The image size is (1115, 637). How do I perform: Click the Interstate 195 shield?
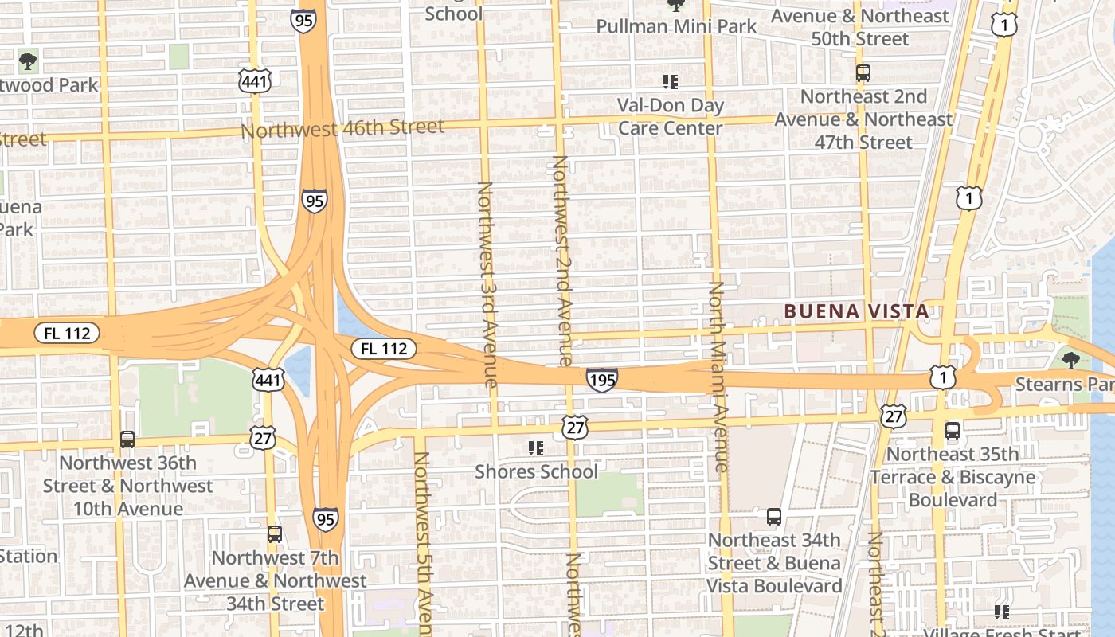click(602, 380)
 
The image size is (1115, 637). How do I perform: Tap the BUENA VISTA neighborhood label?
click(856, 311)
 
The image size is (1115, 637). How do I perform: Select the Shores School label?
click(536, 471)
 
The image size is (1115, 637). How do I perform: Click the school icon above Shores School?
click(536, 448)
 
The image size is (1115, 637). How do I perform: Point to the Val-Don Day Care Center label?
click(671, 116)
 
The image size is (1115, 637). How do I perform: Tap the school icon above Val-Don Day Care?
click(671, 81)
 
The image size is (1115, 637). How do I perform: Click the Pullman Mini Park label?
click(676, 26)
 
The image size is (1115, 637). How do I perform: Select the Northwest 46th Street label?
click(342, 127)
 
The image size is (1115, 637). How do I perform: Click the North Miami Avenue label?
click(718, 376)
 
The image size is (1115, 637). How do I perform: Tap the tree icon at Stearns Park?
click(1070, 360)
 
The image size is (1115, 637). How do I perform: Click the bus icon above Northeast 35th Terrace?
click(952, 431)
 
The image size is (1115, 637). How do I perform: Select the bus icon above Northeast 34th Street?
click(773, 517)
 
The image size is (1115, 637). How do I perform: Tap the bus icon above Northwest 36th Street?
click(127, 439)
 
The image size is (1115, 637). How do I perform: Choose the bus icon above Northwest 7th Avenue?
click(275, 533)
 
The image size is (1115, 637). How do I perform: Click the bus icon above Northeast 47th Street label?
click(863, 73)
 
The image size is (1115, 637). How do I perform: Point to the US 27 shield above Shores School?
click(573, 426)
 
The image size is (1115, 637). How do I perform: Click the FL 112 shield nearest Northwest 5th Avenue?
click(384, 348)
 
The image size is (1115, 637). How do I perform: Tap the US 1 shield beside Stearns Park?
click(943, 377)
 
